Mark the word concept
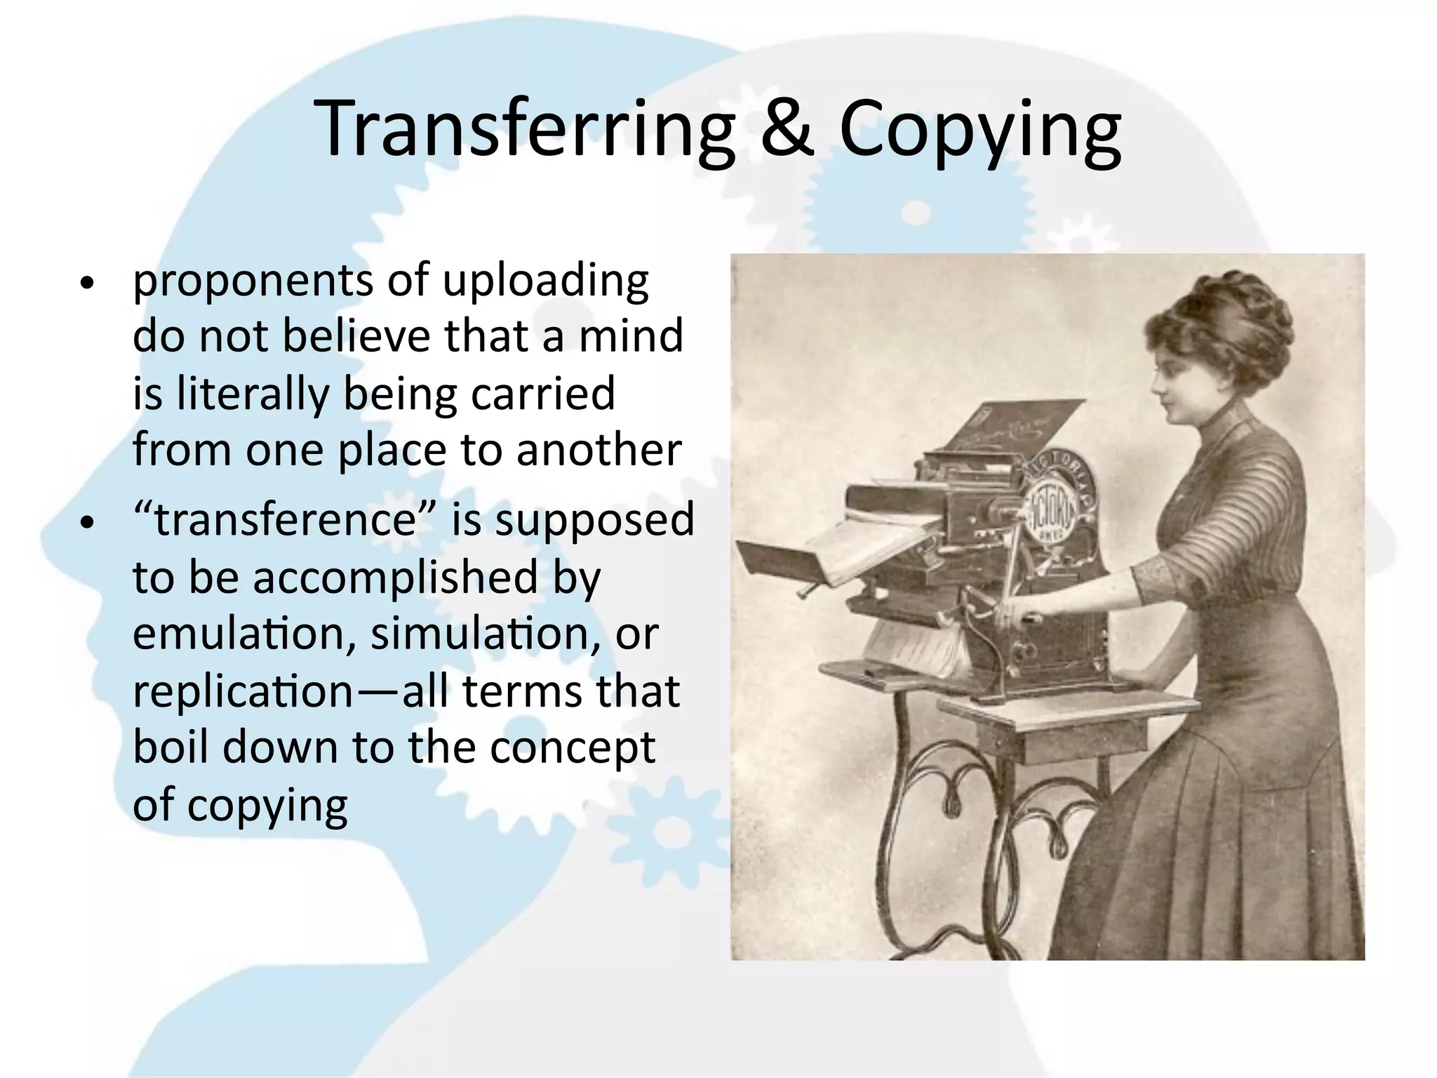click(572, 748)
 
